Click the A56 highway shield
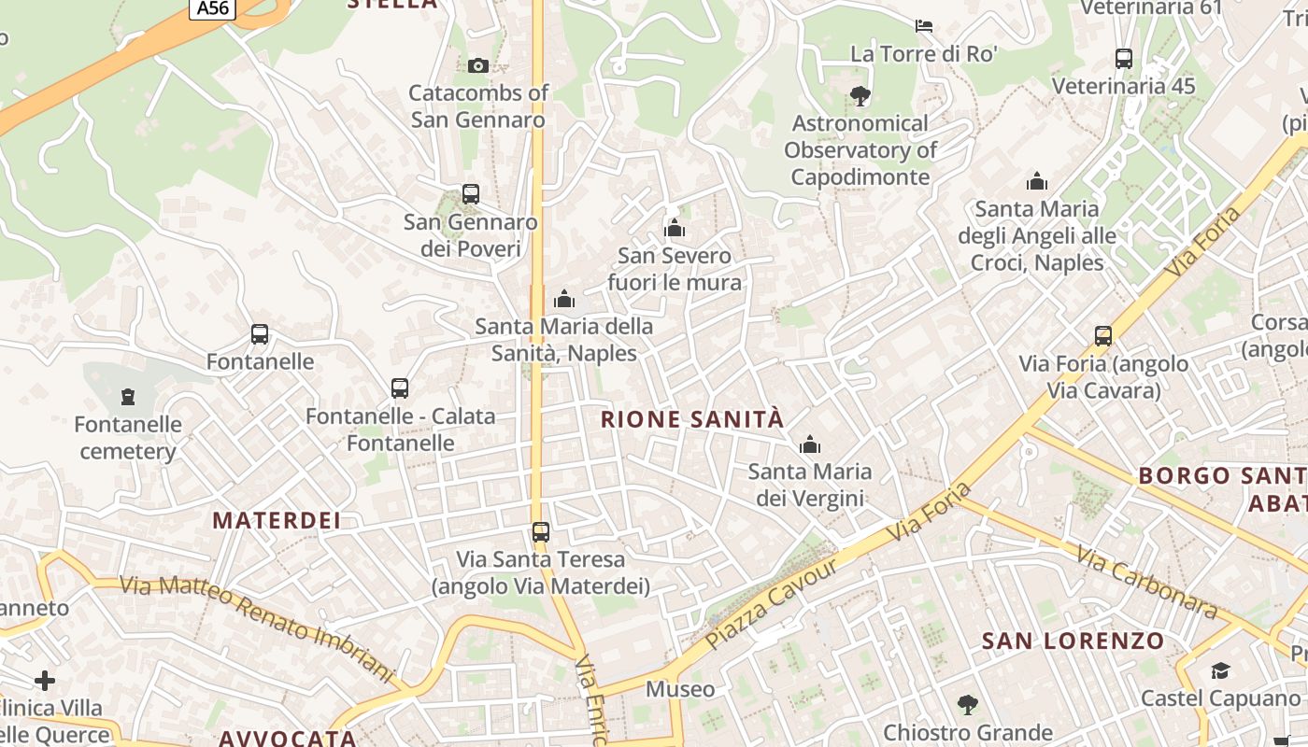point(214,8)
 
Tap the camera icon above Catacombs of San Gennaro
point(477,65)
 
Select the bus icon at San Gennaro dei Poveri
point(471,194)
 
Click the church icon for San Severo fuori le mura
point(674,228)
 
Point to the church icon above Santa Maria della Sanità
point(564,299)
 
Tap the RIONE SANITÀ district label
point(692,419)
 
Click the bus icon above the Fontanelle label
point(260,334)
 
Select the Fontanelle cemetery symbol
point(128,397)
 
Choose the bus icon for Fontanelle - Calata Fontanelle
point(400,388)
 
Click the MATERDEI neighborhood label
point(277,520)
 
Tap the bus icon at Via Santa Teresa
point(540,532)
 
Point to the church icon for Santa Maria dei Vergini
point(809,444)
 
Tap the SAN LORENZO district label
point(1073,641)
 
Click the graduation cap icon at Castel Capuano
point(1220,670)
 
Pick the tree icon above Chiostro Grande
point(968,704)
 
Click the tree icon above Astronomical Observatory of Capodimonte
point(860,95)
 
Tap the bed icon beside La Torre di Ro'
point(924,25)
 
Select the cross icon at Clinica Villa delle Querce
point(45,680)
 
